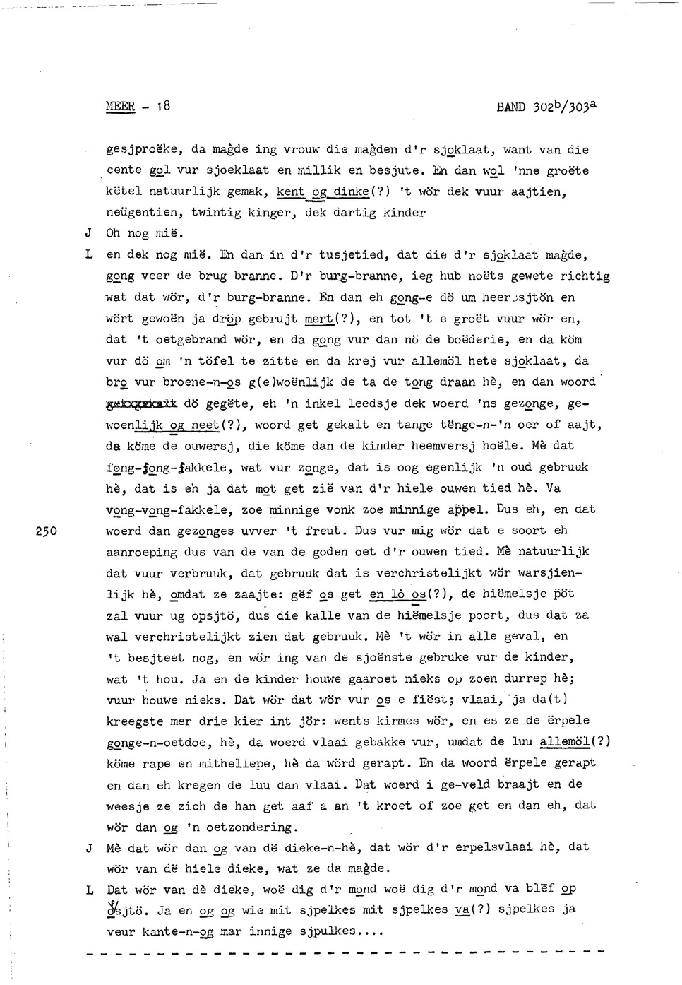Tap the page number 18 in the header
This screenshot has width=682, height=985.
162,107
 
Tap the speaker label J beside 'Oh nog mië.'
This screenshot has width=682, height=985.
88,233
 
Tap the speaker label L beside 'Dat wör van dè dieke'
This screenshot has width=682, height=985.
89,890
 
